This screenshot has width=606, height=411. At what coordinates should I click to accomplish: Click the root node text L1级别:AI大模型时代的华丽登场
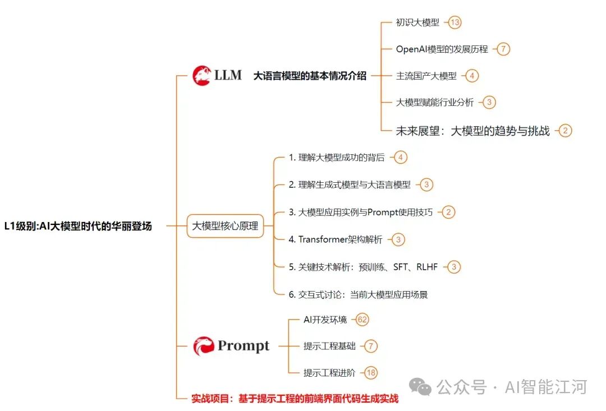point(78,227)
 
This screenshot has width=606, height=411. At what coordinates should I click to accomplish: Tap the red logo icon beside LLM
point(201,75)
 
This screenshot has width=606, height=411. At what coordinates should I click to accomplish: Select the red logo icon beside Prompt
point(203,346)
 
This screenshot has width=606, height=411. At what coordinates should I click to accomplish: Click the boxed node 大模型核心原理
point(225,227)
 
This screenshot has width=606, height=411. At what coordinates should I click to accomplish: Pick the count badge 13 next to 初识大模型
point(454,22)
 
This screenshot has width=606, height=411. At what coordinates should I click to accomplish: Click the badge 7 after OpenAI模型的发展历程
point(503,49)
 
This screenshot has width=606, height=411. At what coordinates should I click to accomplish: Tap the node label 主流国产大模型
point(426,76)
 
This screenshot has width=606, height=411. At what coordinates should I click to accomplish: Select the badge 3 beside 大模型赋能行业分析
point(489,102)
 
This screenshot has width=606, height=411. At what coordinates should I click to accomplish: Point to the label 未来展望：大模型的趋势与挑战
point(472,131)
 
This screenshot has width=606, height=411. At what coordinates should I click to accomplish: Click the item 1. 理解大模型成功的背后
point(337,158)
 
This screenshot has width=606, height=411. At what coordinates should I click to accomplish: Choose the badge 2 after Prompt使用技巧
point(448,212)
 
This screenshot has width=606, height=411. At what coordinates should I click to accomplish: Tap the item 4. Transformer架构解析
point(336,239)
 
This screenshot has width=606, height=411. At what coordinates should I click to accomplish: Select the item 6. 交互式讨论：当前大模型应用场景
point(359,294)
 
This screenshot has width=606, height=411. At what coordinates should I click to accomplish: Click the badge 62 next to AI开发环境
point(362,320)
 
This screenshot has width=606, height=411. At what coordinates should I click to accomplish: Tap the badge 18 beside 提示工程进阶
point(371,372)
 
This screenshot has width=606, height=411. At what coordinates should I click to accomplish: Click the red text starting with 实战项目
point(295,399)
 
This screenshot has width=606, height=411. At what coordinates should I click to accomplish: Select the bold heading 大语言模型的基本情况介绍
point(310,76)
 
